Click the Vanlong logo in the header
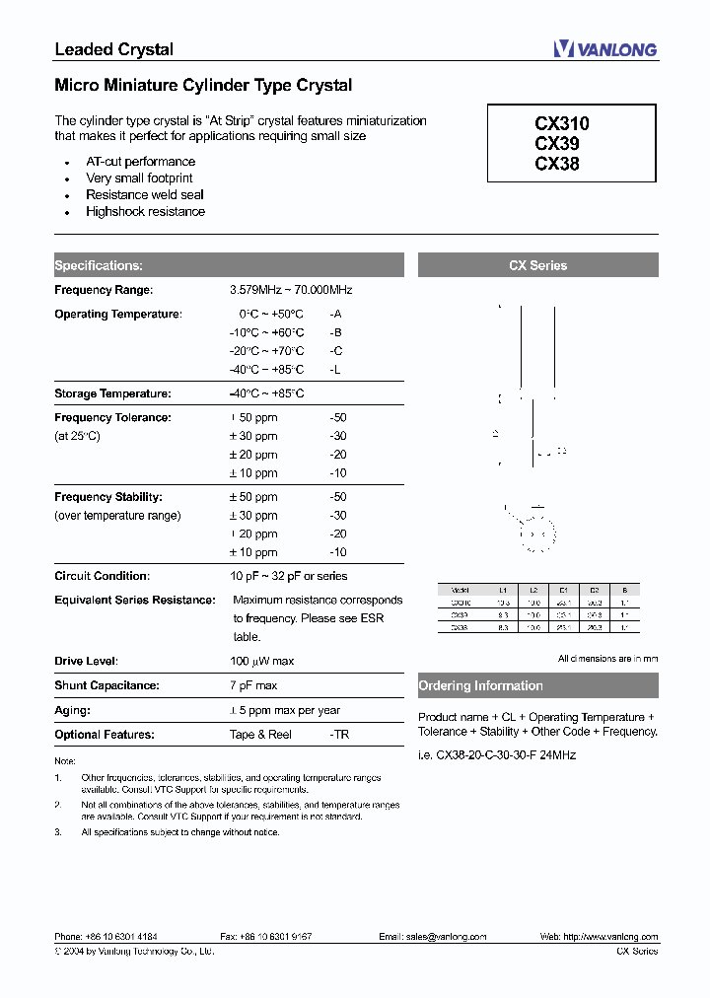point(603,49)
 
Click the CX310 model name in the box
point(562,124)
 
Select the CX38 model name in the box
point(557,164)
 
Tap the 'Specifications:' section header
point(99,265)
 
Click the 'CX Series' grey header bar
point(537,265)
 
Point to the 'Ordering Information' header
point(481,685)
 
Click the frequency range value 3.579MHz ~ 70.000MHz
point(291,290)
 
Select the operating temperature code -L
point(336,370)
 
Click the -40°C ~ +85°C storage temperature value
point(266,393)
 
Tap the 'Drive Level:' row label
point(87,661)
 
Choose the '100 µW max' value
point(262,661)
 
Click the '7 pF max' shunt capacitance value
point(253,685)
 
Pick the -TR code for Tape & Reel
point(339,735)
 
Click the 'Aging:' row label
point(73,710)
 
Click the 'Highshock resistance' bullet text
point(145,212)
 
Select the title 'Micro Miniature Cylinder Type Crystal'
point(203,86)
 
